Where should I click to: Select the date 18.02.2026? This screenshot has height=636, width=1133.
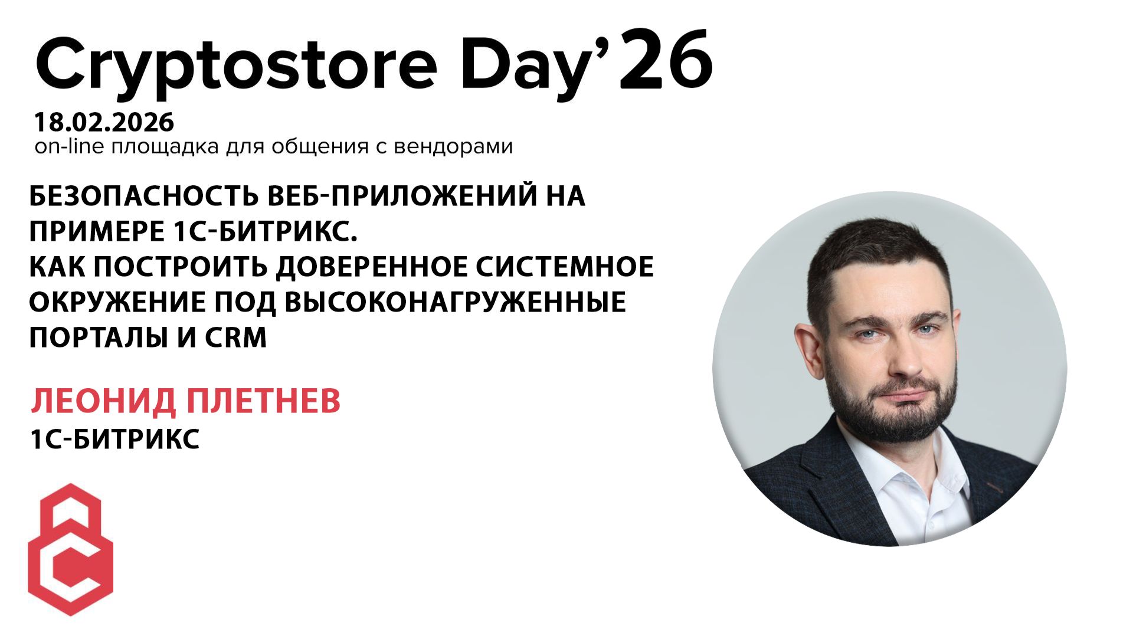click(x=104, y=123)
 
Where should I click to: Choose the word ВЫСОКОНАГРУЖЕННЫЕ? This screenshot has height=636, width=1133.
click(x=455, y=302)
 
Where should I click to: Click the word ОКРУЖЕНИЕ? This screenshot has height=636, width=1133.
click(x=117, y=302)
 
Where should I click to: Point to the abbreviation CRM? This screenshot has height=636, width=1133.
click(x=236, y=337)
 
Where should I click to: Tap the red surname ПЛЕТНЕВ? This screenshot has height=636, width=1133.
click(x=263, y=401)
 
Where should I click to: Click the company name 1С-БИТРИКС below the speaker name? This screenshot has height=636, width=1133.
click(x=114, y=440)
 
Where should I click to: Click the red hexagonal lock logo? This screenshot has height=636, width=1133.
click(x=71, y=549)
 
